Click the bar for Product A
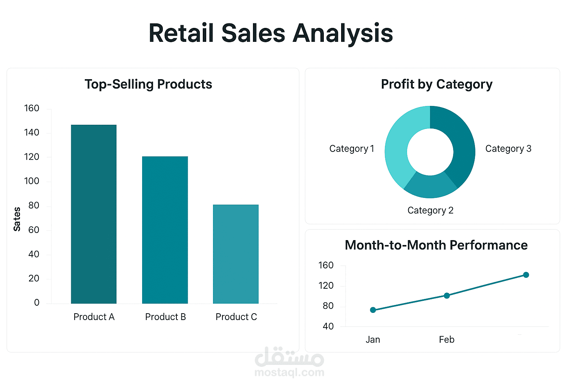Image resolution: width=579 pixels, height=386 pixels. [x=94, y=214]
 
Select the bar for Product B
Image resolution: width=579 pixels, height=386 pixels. [x=165, y=230]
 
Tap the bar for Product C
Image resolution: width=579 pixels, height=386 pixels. [x=236, y=254]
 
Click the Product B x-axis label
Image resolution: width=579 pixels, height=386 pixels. [x=165, y=317]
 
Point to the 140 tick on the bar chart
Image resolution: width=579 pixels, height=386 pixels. [x=32, y=132]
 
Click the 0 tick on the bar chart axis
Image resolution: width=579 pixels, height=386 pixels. [x=37, y=302]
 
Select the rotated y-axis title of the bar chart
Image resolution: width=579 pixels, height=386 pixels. [x=17, y=219]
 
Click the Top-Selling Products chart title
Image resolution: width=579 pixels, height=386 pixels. [x=149, y=84]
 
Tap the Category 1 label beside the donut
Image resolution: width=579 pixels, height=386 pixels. [x=352, y=149]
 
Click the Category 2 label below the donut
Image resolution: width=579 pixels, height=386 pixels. [x=430, y=210]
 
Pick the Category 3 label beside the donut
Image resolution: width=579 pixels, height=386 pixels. [x=508, y=149]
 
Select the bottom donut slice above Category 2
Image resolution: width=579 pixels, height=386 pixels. [x=430, y=187]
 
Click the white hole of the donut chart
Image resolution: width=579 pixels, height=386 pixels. [x=430, y=152]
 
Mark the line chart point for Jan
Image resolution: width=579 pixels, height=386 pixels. [x=373, y=310]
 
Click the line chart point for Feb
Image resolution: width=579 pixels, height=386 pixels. [x=447, y=296]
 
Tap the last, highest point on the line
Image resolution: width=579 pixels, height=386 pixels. [x=526, y=275]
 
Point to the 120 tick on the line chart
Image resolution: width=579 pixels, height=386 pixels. [x=326, y=286]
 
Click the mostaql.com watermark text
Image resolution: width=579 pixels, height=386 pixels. [x=289, y=372]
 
